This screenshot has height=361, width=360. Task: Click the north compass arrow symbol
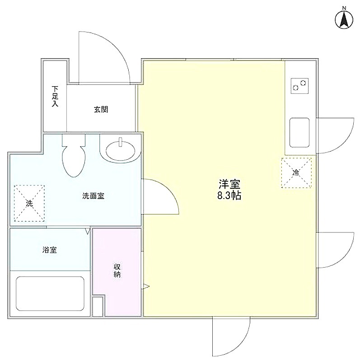[x=344, y=20]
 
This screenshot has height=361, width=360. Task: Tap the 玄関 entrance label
[x=101, y=109]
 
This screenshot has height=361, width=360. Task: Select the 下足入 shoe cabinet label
[x=55, y=96]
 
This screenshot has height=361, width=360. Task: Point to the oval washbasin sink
[x=120, y=151]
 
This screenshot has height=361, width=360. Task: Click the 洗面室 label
[x=93, y=196]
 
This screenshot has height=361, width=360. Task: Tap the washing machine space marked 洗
[x=29, y=204]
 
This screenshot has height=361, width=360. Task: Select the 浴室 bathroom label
[x=50, y=250]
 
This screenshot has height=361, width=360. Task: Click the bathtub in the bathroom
[x=50, y=294]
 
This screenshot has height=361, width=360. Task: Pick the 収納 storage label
[x=117, y=270]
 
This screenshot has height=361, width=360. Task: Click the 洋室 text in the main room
[x=229, y=184]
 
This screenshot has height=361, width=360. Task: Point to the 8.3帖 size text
[x=229, y=195]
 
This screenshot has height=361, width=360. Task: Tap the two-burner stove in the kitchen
[x=299, y=86]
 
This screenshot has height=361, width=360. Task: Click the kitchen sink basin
[x=299, y=133]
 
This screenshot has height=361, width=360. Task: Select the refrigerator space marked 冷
[x=296, y=173]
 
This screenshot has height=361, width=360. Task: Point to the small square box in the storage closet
[x=98, y=306]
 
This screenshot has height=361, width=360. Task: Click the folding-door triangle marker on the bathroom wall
[x=87, y=231]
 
